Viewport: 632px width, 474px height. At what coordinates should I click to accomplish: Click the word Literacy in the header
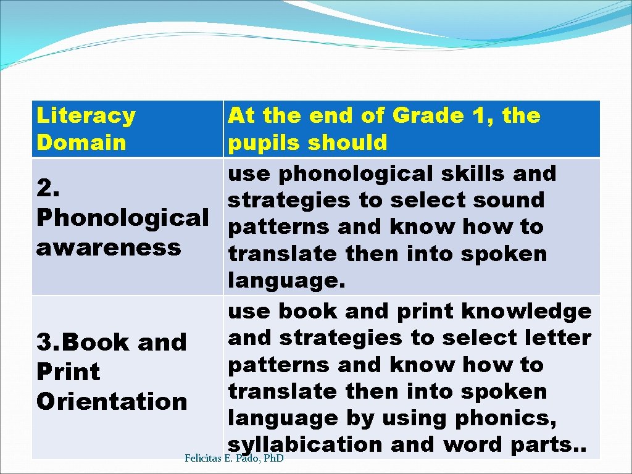point(86,116)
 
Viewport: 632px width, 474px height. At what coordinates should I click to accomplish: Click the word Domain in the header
point(81,143)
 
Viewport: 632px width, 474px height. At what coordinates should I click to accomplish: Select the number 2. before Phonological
point(48,188)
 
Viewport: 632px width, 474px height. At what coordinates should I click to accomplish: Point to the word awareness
point(109,247)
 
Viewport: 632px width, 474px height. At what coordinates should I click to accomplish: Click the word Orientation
point(112,401)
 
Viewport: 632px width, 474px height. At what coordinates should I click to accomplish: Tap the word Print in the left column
point(68,372)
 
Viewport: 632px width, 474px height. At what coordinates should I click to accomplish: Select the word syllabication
point(305,444)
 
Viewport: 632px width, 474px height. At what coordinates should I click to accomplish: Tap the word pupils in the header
point(264,143)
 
